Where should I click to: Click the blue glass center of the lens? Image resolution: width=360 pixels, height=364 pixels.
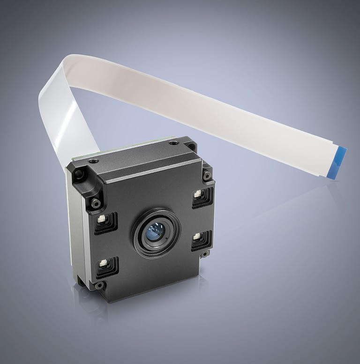coord(155,231)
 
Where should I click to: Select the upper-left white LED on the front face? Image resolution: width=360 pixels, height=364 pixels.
coord(101,219)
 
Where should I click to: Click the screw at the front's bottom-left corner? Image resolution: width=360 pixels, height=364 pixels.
coord(99,285)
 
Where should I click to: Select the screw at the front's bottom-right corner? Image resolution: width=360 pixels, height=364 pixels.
coord(205,254)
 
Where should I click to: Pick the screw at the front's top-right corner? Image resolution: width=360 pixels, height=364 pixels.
coord(206,176)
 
